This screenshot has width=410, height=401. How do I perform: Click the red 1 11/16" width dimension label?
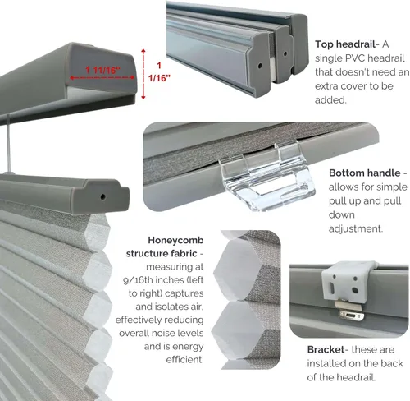[x=102, y=70]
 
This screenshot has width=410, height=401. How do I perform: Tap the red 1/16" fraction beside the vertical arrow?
[x=159, y=78]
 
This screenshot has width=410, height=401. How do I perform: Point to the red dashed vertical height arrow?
[x=143, y=74]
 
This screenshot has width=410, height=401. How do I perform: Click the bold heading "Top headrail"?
[x=345, y=44]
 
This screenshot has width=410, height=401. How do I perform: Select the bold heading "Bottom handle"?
[x=365, y=173]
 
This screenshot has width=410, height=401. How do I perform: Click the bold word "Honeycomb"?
[x=175, y=240]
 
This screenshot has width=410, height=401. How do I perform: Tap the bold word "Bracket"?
[x=326, y=349]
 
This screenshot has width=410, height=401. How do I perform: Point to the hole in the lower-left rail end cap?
[x=102, y=196]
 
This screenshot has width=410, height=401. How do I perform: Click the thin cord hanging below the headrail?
[x=9, y=144]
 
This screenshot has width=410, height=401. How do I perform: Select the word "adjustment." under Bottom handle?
[x=355, y=228]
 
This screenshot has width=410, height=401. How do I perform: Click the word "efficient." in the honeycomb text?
[x=184, y=359]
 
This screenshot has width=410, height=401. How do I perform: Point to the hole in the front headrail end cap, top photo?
[x=260, y=66]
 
